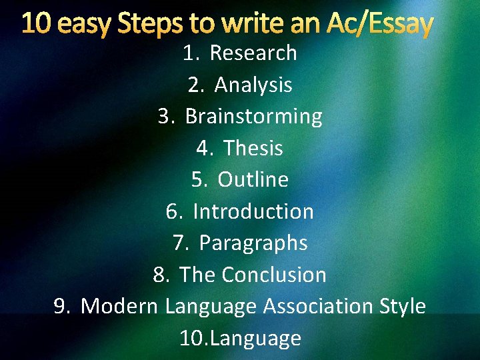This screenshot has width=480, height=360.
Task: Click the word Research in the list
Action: pos(253,53)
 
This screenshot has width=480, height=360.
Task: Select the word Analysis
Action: pos(253,85)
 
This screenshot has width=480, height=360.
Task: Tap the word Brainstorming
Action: pos(254,117)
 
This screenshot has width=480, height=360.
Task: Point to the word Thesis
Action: pos(253,148)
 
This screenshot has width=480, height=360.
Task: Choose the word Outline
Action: pos(253,180)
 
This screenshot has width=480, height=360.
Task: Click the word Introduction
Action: pos(253,212)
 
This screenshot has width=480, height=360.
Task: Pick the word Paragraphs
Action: pos(253,243)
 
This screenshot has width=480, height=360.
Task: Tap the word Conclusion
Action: pos(274,275)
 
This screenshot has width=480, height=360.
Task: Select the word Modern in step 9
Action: pos(119,307)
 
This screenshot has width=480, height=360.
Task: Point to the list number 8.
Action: pos(161,275)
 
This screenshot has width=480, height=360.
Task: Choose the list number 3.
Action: pos(167,117)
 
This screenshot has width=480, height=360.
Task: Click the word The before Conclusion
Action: pos(198,275)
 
